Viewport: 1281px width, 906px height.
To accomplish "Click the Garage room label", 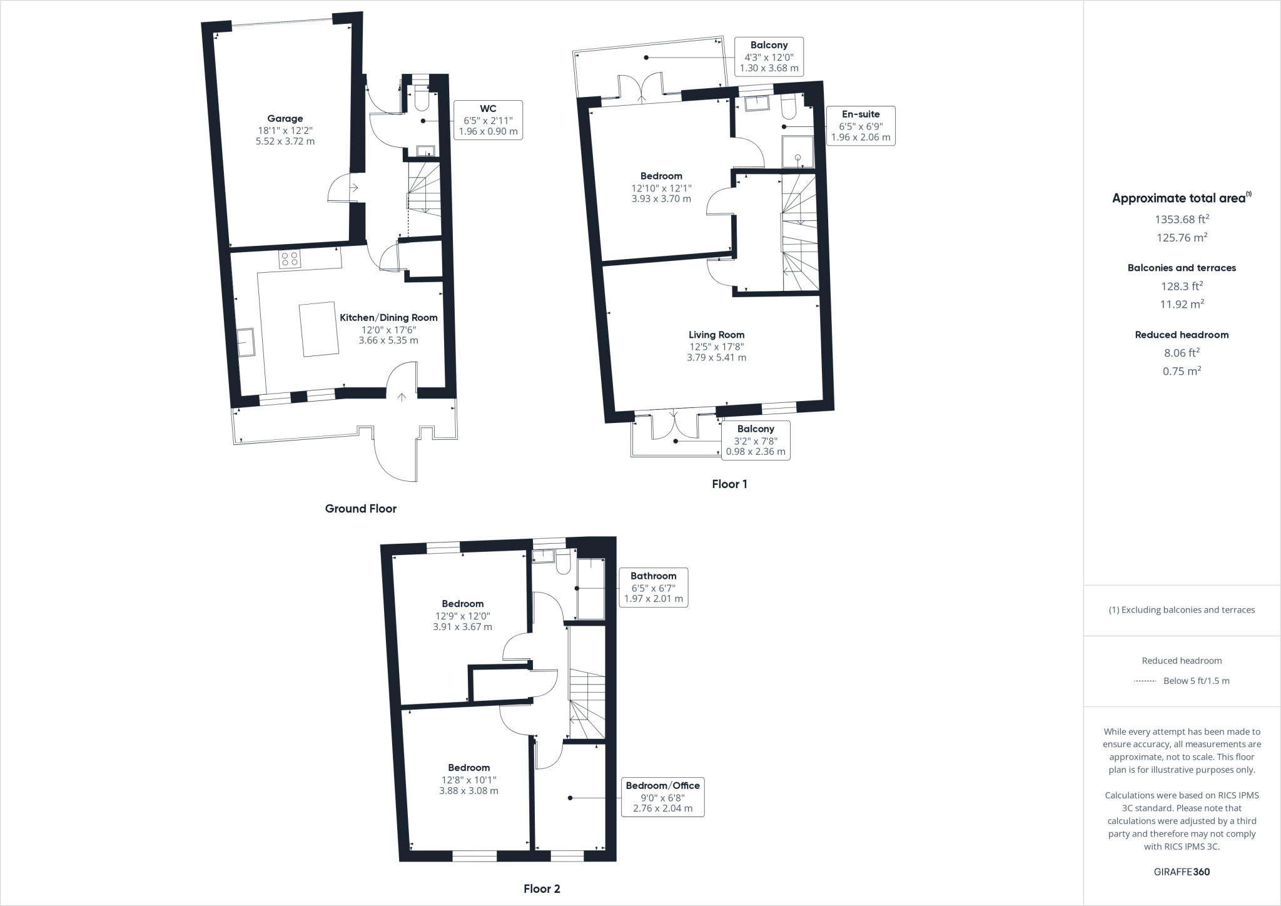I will pyautogui.click(x=285, y=119).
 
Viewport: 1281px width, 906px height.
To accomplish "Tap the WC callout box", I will pyautogui.click(x=488, y=120).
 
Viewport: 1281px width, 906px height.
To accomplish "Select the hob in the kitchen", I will pyautogui.click(x=290, y=258).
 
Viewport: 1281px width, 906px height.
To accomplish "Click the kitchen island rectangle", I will pyautogui.click(x=320, y=330).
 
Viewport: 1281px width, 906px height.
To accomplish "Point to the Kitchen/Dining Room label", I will pyautogui.click(x=388, y=318).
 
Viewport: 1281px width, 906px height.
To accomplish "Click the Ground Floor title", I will pyautogui.click(x=360, y=509).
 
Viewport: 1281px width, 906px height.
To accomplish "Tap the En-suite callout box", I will pyautogui.click(x=861, y=125).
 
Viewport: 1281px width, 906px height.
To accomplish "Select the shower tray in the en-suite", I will pyautogui.click(x=798, y=152).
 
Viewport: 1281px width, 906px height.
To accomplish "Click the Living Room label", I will pyautogui.click(x=716, y=335).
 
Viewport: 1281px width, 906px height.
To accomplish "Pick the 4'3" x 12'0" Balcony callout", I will pyautogui.click(x=769, y=56).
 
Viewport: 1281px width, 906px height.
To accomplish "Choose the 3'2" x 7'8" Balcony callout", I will pyautogui.click(x=756, y=440).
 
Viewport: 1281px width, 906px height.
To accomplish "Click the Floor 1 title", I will pyautogui.click(x=729, y=484).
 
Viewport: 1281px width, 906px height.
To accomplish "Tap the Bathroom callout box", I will pyautogui.click(x=653, y=587).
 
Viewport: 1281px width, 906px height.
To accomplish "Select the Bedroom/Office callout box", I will pyautogui.click(x=662, y=797).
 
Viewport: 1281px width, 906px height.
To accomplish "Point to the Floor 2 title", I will pyautogui.click(x=542, y=888).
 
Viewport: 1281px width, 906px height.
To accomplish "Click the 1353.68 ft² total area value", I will pyautogui.click(x=1182, y=219).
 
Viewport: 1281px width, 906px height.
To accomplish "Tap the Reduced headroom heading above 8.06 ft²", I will pyautogui.click(x=1182, y=335).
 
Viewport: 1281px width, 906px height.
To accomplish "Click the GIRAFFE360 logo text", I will pyautogui.click(x=1182, y=872).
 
